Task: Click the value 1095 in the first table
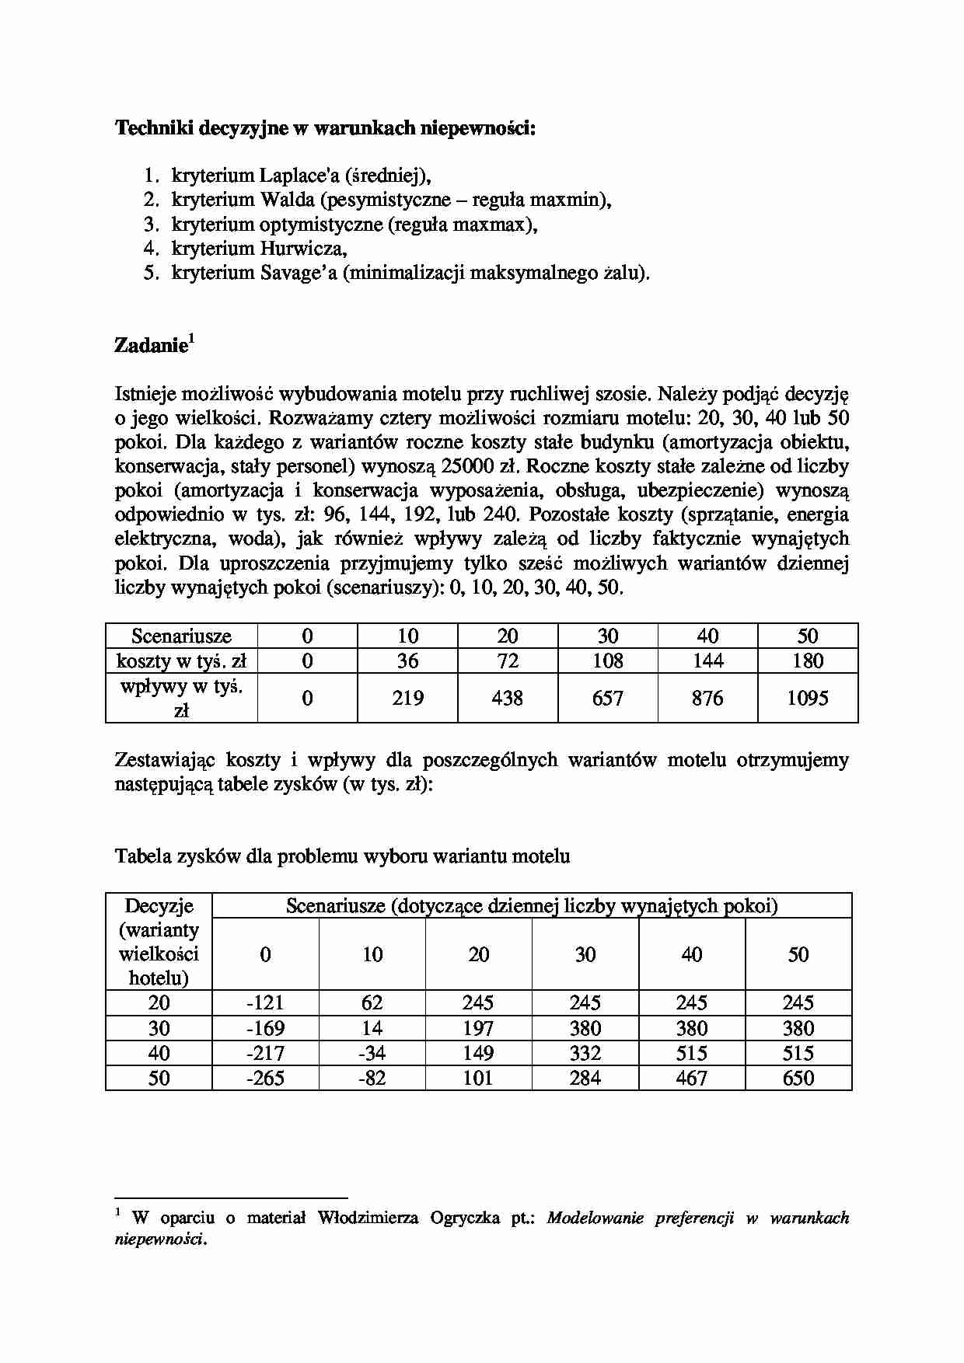(807, 698)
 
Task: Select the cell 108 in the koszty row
(607, 661)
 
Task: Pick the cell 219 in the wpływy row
(407, 698)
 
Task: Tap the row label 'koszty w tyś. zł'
(181, 661)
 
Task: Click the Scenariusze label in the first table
(181, 636)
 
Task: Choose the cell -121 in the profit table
(265, 1002)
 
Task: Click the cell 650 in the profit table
(798, 1078)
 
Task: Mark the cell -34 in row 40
(372, 1053)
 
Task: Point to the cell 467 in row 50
(691, 1078)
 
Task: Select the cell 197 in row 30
(478, 1028)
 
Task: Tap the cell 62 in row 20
(372, 1002)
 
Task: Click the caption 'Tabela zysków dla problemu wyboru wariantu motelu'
(342, 856)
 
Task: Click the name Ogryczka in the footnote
(464, 1218)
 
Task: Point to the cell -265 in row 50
(265, 1078)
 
